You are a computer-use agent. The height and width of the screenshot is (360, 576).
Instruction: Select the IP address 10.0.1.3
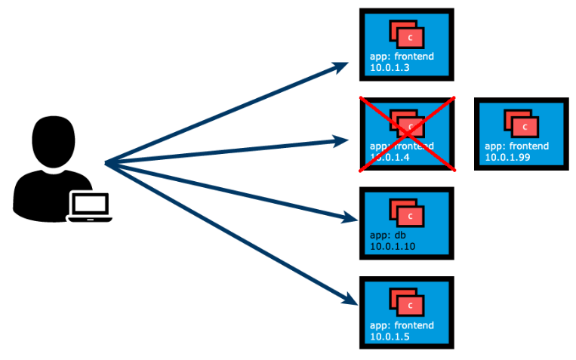coord(389,68)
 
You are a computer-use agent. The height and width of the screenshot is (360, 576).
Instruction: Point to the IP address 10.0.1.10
coord(392,247)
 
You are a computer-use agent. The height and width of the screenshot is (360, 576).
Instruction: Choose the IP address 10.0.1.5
coord(389,337)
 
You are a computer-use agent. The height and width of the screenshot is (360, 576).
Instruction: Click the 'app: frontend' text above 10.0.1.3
coord(402,57)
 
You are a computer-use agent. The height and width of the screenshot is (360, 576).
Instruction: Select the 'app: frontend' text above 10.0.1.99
coord(516,146)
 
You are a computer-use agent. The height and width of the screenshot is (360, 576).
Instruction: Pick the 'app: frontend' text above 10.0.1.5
coord(402,325)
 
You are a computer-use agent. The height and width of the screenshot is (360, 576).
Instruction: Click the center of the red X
coord(407,134)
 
